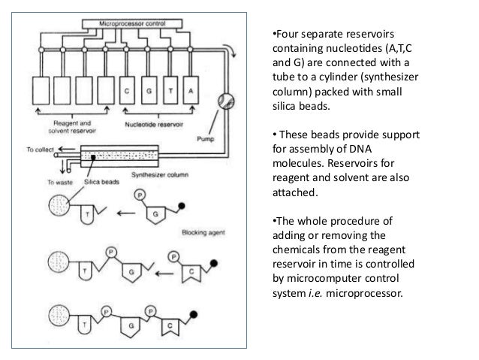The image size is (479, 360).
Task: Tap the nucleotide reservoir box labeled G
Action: pyautogui.click(x=150, y=91)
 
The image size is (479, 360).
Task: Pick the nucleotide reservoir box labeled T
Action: pyautogui.click(x=171, y=91)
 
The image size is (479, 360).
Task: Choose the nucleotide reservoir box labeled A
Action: pyautogui.click(x=192, y=91)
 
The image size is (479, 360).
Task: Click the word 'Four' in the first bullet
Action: pyautogui.click(x=285, y=34)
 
